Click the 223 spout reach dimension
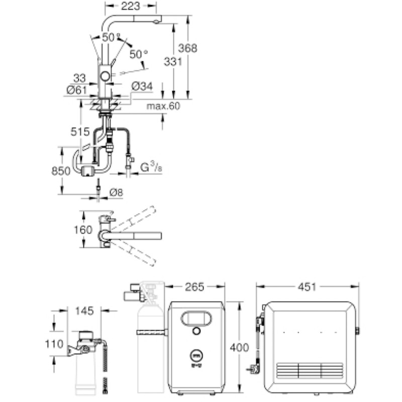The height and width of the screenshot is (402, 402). coord(131,6)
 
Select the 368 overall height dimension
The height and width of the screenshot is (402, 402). coord(187,48)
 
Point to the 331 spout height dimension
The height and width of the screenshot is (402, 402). coord(173,62)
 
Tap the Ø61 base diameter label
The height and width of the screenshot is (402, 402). coord(77,90)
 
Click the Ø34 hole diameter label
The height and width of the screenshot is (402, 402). coord(142,86)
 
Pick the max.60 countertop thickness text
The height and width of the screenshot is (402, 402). coord(163,106)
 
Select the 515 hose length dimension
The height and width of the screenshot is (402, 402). coord(80,132)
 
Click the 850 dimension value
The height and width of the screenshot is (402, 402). coord(61,171)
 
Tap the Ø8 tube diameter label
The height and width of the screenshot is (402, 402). coord(116,192)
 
